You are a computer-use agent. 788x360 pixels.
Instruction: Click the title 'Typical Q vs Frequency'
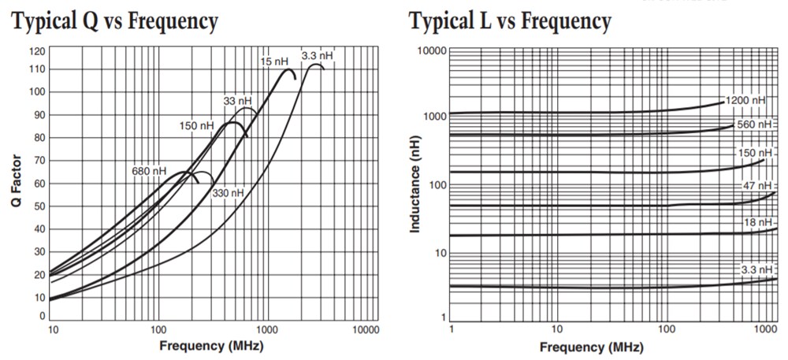pos(115,22)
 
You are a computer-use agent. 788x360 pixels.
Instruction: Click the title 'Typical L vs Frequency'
pos(510,22)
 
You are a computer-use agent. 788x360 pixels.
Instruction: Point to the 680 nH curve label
pos(149,171)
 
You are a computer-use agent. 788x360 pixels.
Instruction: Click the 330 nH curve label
pos(229,193)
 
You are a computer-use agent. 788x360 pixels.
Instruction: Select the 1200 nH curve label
pos(745,101)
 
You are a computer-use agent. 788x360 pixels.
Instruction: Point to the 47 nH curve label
pos(753,185)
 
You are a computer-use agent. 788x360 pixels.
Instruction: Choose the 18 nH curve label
pos(754,223)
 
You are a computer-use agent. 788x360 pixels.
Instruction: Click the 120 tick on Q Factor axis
pos(36,51)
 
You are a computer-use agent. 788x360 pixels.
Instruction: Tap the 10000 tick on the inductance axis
pos(432,51)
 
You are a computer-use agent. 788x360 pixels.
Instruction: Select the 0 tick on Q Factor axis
pos(41,316)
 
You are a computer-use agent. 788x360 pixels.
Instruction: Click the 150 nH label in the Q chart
pos(196,126)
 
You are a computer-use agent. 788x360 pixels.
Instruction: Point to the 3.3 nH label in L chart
pos(754,270)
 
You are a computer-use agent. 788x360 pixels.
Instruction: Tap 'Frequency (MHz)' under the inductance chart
pos(591,347)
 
